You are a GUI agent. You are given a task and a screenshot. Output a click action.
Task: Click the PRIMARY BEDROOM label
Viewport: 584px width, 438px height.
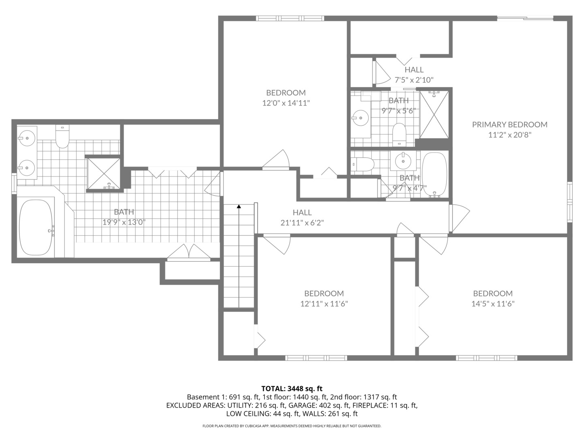[x=509, y=125]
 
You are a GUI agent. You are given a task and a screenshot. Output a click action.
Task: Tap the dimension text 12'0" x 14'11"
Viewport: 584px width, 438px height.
[x=286, y=103]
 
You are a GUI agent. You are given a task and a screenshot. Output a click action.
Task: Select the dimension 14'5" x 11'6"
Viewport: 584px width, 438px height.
[x=493, y=304]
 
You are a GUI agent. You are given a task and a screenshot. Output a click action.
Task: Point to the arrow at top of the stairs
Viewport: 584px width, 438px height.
[x=239, y=207]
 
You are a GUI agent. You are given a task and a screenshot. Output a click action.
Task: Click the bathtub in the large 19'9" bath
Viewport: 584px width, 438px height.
[x=36, y=228]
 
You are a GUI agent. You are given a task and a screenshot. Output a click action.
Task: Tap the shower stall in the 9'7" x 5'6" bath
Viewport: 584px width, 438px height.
[x=434, y=115]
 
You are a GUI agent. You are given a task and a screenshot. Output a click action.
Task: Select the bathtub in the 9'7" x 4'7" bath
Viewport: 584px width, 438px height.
[x=434, y=174]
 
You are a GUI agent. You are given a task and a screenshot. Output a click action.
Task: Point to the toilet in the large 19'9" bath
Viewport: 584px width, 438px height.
[x=62, y=138]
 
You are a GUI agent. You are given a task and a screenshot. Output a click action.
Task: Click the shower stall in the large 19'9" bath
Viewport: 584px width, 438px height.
[x=104, y=173]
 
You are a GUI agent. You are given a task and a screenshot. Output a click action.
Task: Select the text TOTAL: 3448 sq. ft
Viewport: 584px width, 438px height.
[x=292, y=389]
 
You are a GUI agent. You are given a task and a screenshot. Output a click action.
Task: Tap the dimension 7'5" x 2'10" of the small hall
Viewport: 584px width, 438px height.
[x=414, y=80]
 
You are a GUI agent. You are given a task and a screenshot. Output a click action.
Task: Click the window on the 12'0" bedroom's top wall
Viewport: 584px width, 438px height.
[x=290, y=18]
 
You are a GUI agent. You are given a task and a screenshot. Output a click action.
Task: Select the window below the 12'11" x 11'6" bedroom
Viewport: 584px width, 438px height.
[x=316, y=358]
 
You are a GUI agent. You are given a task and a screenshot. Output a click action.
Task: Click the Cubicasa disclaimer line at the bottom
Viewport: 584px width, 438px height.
[x=292, y=426]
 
